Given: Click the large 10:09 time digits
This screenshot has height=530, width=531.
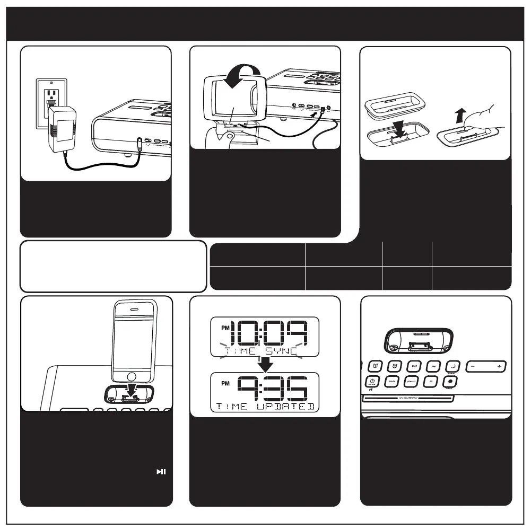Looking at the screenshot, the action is click(271, 332).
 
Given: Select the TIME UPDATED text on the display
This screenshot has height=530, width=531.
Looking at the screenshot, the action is click(265, 407).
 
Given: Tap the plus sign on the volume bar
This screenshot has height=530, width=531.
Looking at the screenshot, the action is click(499, 367).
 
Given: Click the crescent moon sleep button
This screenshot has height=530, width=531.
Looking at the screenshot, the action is click(452, 366).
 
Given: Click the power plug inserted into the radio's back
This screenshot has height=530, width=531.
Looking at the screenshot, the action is click(138, 143).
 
